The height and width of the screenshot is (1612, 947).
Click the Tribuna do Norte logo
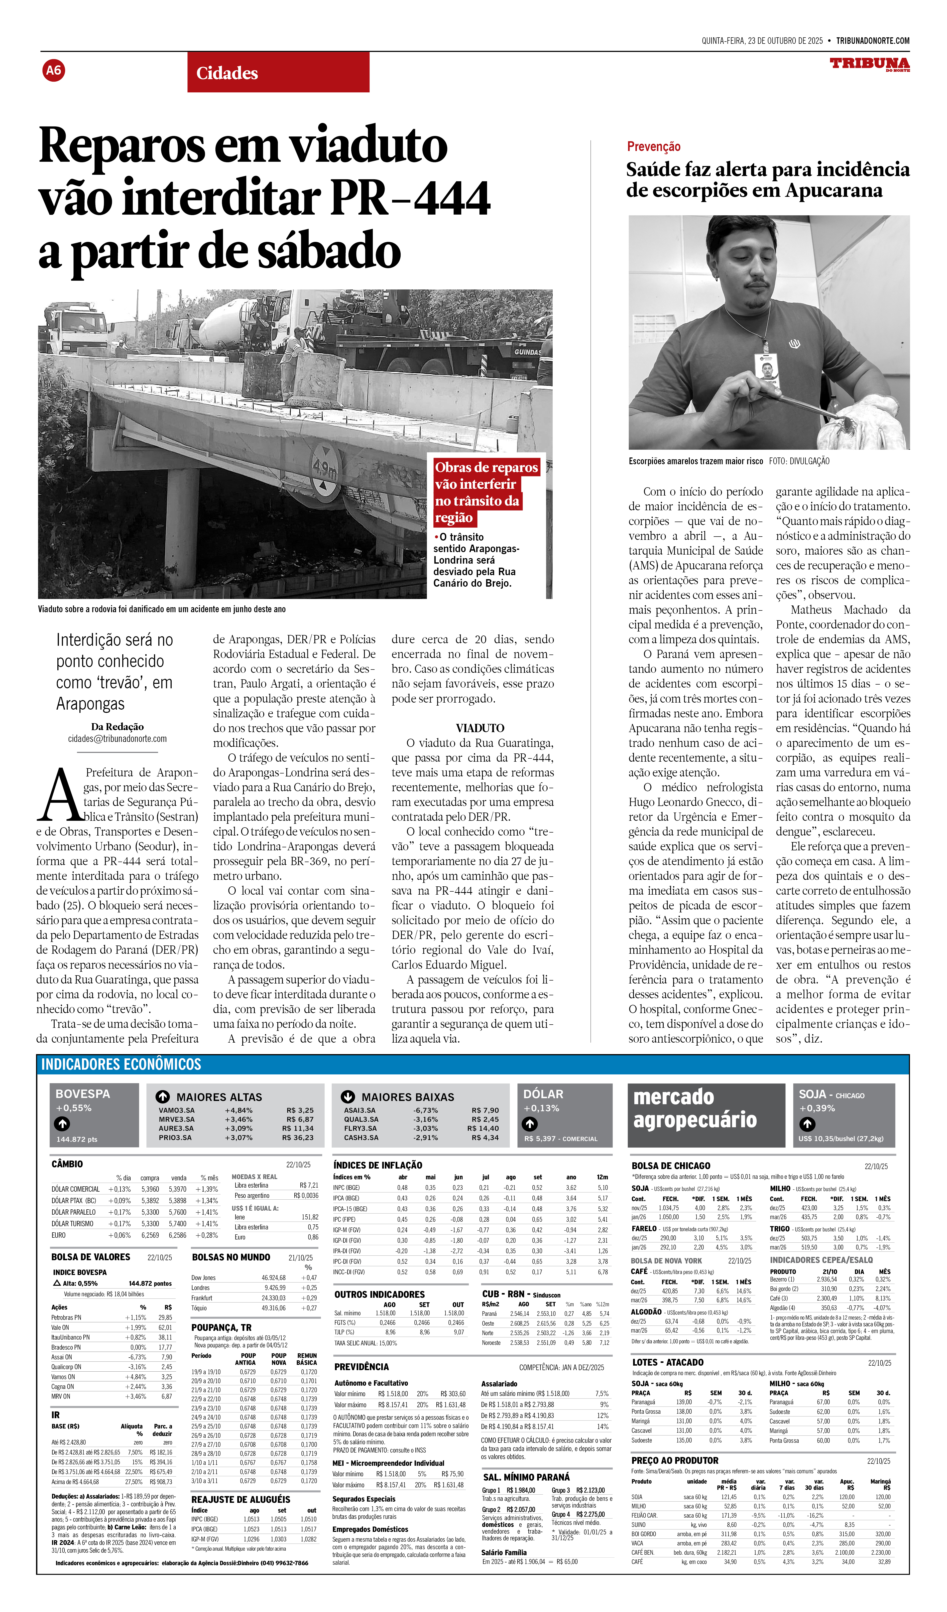click(870, 64)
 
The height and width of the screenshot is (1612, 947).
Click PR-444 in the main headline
click(410, 198)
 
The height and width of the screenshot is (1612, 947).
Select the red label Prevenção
click(653, 146)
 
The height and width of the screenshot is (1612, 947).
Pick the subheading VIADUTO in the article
click(480, 728)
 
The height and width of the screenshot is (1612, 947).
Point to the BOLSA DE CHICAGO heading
click(671, 1166)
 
